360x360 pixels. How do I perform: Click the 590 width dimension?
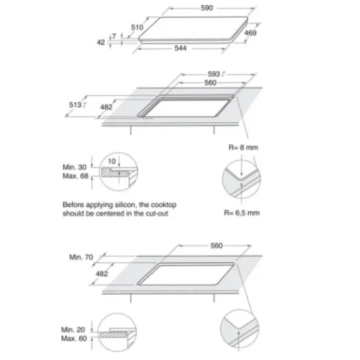[x=207, y=8]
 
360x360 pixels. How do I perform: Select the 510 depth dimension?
[x=137, y=27]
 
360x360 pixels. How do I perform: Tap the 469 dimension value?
[x=250, y=33]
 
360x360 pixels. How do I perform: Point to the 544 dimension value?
[x=181, y=48]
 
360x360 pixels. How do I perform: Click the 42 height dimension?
[x=101, y=43]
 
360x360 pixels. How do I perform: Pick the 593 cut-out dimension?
[x=214, y=74]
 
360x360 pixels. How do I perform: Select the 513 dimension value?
[x=75, y=105]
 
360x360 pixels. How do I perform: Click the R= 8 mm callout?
[x=243, y=147]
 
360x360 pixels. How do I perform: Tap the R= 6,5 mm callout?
[x=242, y=213]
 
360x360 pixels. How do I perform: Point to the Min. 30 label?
[x=75, y=167]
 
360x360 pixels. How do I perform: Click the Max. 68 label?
[x=75, y=176]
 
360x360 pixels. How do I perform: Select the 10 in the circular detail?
[x=112, y=162]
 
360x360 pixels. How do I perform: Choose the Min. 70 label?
[x=81, y=257]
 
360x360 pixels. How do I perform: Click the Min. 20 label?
[x=73, y=330]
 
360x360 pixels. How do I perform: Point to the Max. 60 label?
[x=74, y=338]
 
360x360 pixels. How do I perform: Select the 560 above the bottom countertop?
[x=217, y=245]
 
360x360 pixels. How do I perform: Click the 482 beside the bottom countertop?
[x=101, y=274]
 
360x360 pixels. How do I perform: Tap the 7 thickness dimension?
[x=114, y=36]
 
